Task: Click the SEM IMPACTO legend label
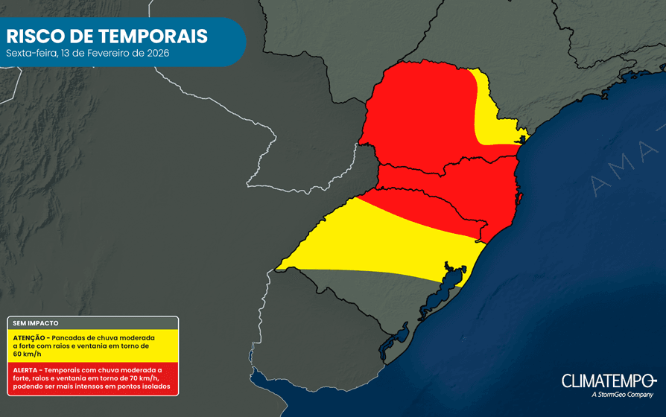click(x=36, y=324)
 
